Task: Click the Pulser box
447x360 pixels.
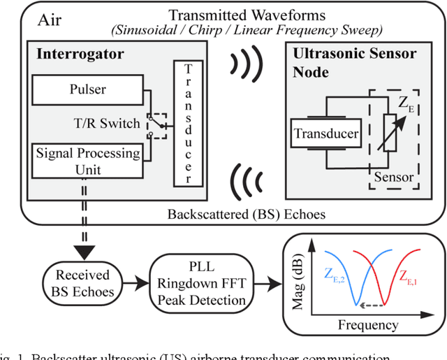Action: click(88, 90)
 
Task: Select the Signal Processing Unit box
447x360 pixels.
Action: click(88, 161)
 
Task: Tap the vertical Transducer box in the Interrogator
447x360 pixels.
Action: click(188, 124)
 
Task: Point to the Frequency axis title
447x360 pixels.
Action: click(368, 324)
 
